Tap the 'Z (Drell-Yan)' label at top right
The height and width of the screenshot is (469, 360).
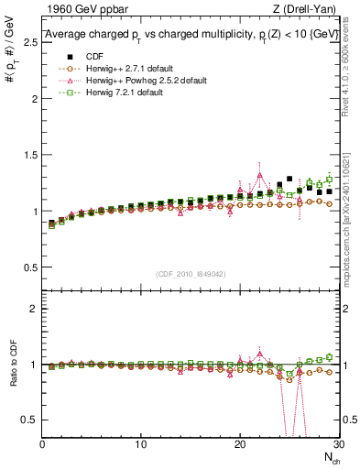(x=307, y=10)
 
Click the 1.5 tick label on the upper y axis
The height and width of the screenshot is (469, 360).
(x=29, y=155)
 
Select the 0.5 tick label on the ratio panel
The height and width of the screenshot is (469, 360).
(x=29, y=420)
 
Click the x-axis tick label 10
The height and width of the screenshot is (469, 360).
(x=140, y=444)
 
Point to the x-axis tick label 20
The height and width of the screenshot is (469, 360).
(x=239, y=444)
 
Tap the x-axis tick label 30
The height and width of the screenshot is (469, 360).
(x=336, y=444)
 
